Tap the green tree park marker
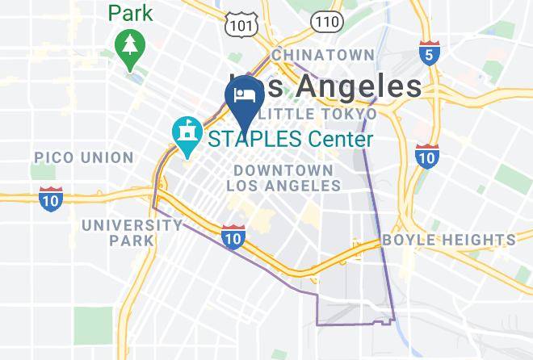tap(129, 47)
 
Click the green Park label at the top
tap(131, 13)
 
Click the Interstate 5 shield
tap(430, 53)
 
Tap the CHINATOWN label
tap(323, 55)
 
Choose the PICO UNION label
tap(83, 157)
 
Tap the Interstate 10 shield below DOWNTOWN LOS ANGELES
tap(233, 236)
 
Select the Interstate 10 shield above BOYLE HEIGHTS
tap(427, 156)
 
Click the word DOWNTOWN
tap(283, 170)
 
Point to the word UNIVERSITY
tap(132, 225)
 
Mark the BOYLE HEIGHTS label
tap(448, 240)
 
